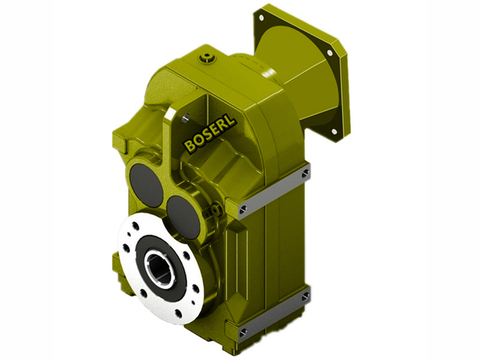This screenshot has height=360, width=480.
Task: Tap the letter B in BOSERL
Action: pyautogui.click(x=189, y=146)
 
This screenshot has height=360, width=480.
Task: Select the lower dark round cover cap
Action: pyautogui.click(x=183, y=217)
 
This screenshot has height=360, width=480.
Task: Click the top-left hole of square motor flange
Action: pyautogui.click(x=262, y=19)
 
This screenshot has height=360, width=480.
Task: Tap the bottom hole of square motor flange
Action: pyautogui.click(x=334, y=130)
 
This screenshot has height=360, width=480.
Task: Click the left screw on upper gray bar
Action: pyautogui.click(x=242, y=209)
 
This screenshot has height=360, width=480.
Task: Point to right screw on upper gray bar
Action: pyautogui.click(x=306, y=173)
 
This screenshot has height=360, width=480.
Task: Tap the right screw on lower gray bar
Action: pyautogui.click(x=306, y=295)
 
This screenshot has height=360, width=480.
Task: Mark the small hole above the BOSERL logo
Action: pyautogui.click(x=185, y=116)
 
